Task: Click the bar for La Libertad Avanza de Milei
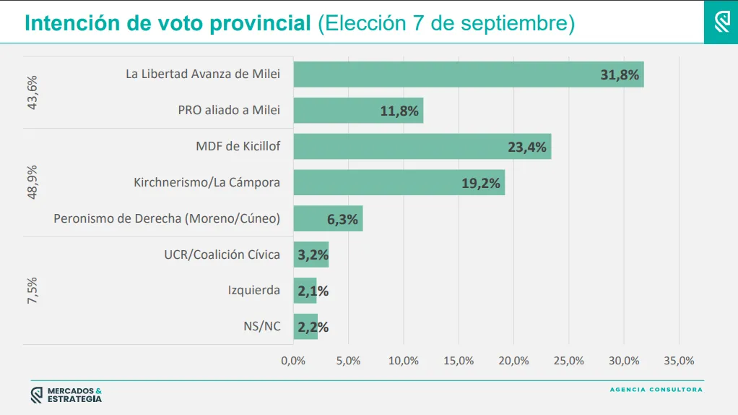click(x=468, y=74)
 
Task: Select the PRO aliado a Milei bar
click(x=358, y=111)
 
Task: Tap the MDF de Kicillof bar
click(x=422, y=147)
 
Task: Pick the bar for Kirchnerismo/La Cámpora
click(x=399, y=183)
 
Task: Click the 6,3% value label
click(x=342, y=219)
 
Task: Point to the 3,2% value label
click(x=313, y=254)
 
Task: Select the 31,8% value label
click(x=620, y=74)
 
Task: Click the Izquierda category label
click(x=253, y=291)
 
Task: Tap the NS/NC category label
click(x=261, y=326)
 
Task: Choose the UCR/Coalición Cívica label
click(x=222, y=254)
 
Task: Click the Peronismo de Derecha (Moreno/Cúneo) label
click(x=167, y=218)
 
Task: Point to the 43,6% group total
click(x=32, y=93)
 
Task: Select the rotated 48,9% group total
click(x=32, y=182)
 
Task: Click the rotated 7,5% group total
click(x=32, y=291)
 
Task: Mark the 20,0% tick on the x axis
click(x=513, y=361)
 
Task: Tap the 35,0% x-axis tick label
click(x=679, y=361)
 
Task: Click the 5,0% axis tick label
click(x=348, y=361)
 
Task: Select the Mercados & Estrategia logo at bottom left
click(x=66, y=395)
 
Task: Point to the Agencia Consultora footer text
click(x=656, y=390)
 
